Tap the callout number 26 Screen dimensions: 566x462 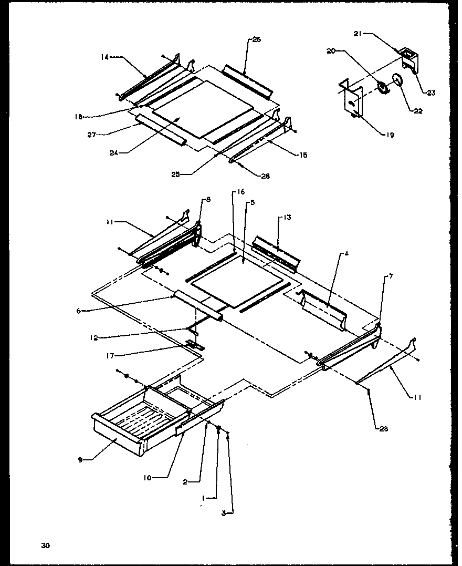[256, 39]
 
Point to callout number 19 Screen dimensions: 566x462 [390, 135]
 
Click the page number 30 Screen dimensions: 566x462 [46, 546]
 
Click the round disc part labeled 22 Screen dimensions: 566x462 [397, 80]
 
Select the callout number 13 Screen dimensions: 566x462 [287, 217]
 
